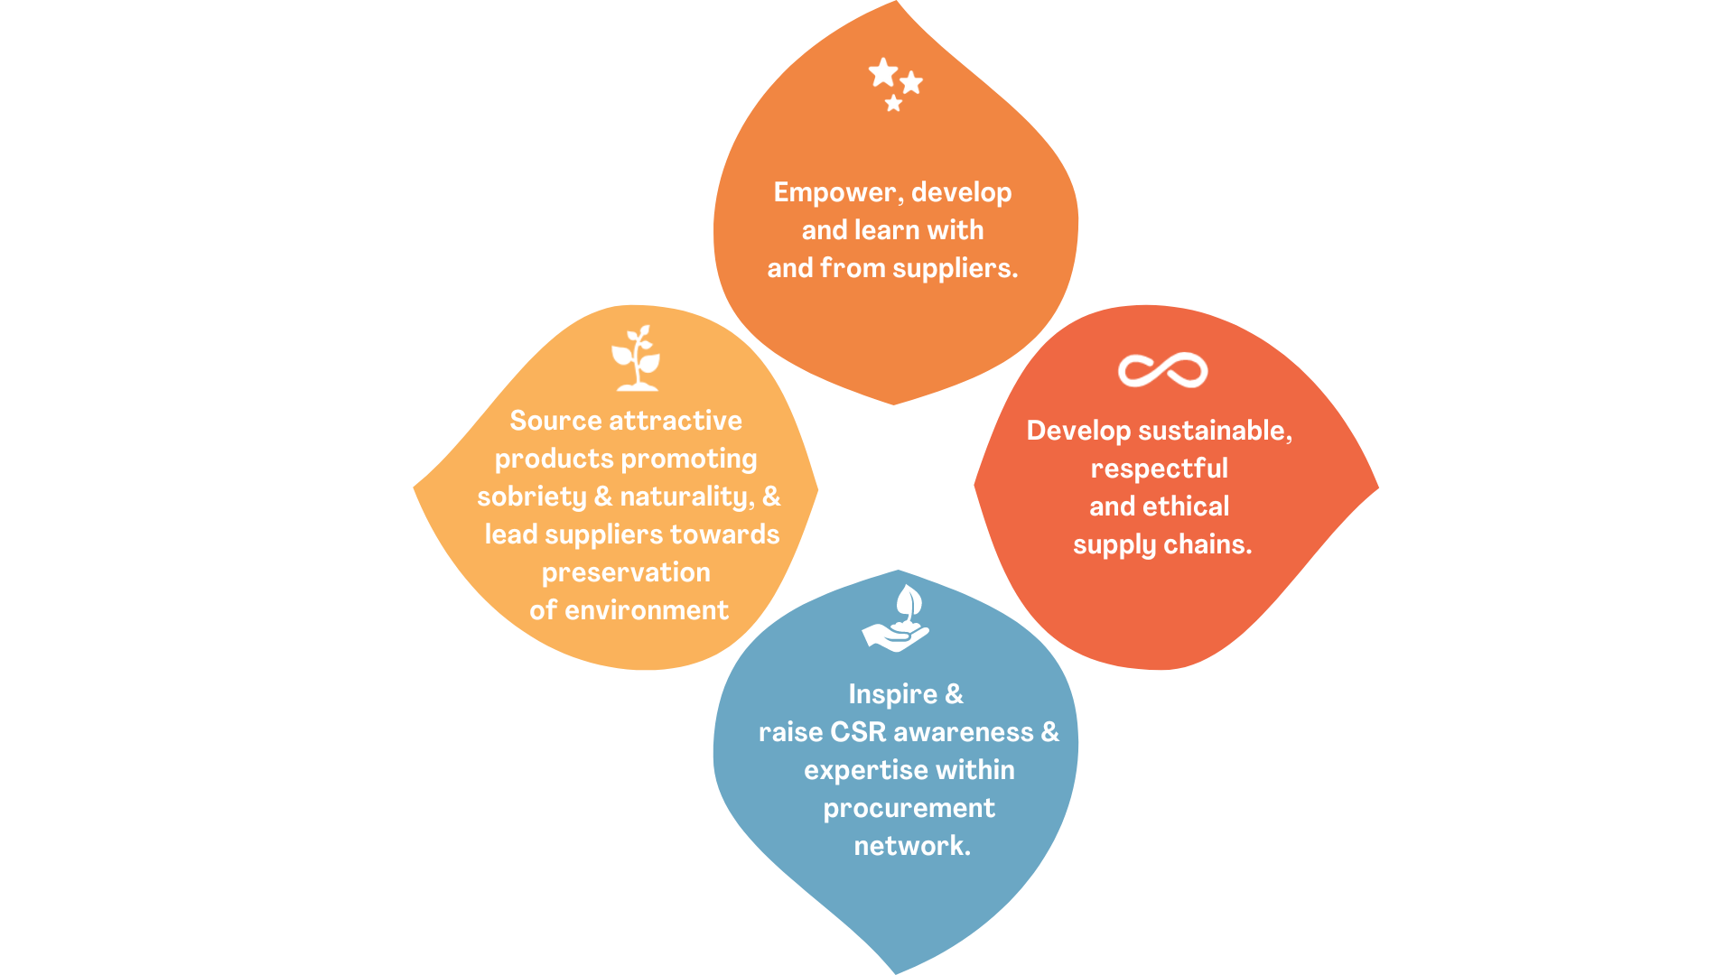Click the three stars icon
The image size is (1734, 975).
coord(894,84)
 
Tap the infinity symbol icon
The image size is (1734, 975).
coord(1162,370)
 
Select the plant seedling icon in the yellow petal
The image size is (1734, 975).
coord(637,358)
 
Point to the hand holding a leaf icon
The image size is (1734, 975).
coord(897,619)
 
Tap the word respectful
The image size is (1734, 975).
coord(1160,469)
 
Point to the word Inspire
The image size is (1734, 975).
coord(892,695)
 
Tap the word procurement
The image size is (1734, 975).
coord(909,809)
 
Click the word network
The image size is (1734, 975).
coord(911,847)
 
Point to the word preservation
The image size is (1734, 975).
coord(626,573)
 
